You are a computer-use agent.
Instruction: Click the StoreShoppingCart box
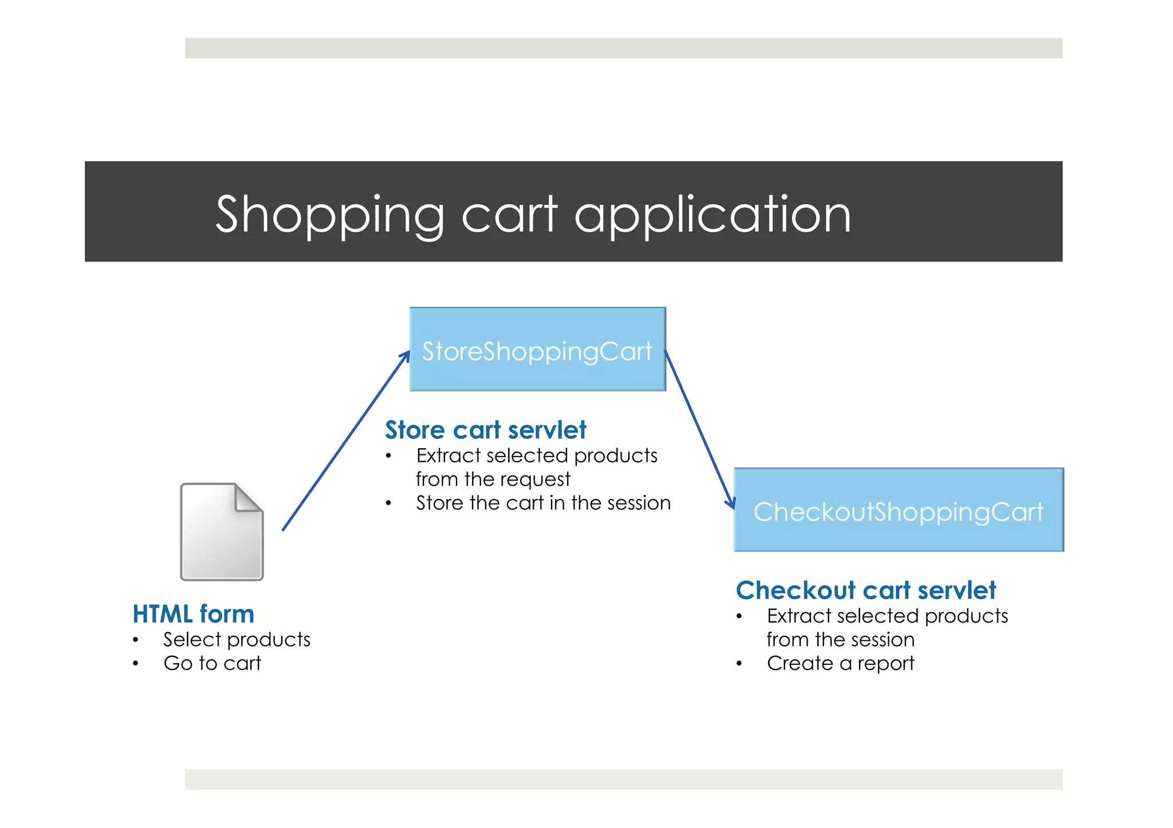click(x=537, y=349)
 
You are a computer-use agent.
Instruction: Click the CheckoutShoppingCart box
click(x=898, y=510)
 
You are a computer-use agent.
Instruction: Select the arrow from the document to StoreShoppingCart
click(x=346, y=441)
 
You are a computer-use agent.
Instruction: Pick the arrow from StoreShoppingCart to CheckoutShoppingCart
click(x=699, y=429)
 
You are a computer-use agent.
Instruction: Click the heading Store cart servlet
click(x=485, y=430)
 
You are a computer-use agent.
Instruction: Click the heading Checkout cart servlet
click(x=865, y=590)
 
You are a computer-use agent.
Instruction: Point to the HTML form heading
click(x=193, y=614)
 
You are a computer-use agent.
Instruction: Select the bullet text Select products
click(x=237, y=639)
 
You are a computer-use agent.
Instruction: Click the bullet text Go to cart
click(x=212, y=663)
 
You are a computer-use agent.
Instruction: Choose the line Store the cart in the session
click(x=543, y=503)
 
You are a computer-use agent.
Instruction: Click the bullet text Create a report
click(x=840, y=663)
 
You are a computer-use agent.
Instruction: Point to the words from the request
click(x=493, y=479)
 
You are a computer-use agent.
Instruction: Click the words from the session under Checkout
click(x=840, y=639)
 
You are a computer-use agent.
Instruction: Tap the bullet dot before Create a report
click(x=739, y=664)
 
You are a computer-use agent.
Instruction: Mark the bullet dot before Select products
click(x=135, y=640)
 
